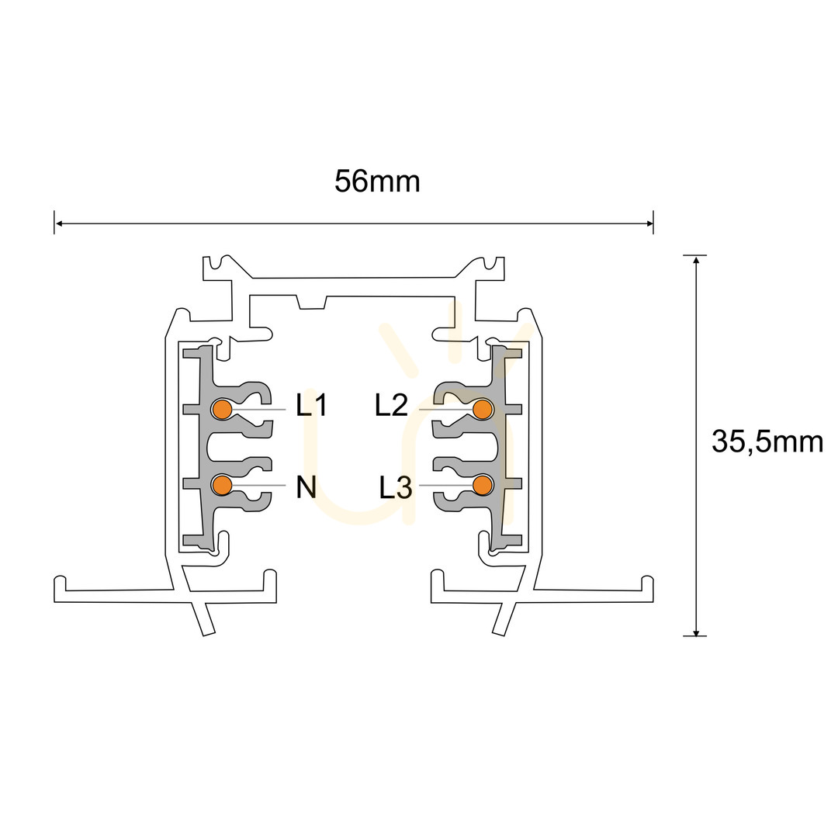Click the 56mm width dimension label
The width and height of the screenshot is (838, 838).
pyautogui.click(x=377, y=182)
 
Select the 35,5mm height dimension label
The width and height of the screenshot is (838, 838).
pyautogui.click(x=767, y=442)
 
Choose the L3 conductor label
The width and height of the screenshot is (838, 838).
pyautogui.click(x=396, y=487)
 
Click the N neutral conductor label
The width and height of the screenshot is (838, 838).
pyautogui.click(x=306, y=487)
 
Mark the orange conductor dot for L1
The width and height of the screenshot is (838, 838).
pyautogui.click(x=222, y=410)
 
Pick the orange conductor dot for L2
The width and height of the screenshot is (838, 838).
pyautogui.click(x=483, y=410)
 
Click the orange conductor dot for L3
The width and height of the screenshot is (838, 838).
pyautogui.click(x=483, y=485)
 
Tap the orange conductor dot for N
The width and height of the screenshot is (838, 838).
pyautogui.click(x=222, y=485)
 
